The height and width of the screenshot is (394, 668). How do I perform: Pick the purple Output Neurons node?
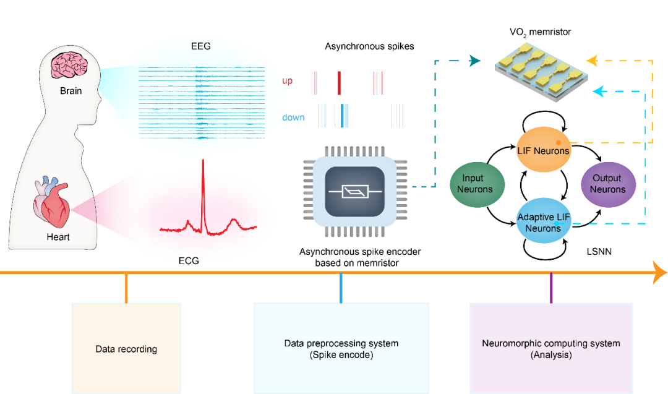607,184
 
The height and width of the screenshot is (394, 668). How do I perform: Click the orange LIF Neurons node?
542,150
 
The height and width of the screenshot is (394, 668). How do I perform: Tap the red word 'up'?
288,81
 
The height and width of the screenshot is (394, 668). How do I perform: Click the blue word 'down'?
293,118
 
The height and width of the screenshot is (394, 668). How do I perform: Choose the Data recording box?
126,348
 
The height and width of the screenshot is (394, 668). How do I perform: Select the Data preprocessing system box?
341,348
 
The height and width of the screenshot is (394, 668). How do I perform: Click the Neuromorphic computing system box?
550,348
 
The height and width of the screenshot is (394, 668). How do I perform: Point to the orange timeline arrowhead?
659,272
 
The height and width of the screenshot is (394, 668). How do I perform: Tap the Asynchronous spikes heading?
369,46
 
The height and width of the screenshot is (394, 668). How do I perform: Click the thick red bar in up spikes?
339,82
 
